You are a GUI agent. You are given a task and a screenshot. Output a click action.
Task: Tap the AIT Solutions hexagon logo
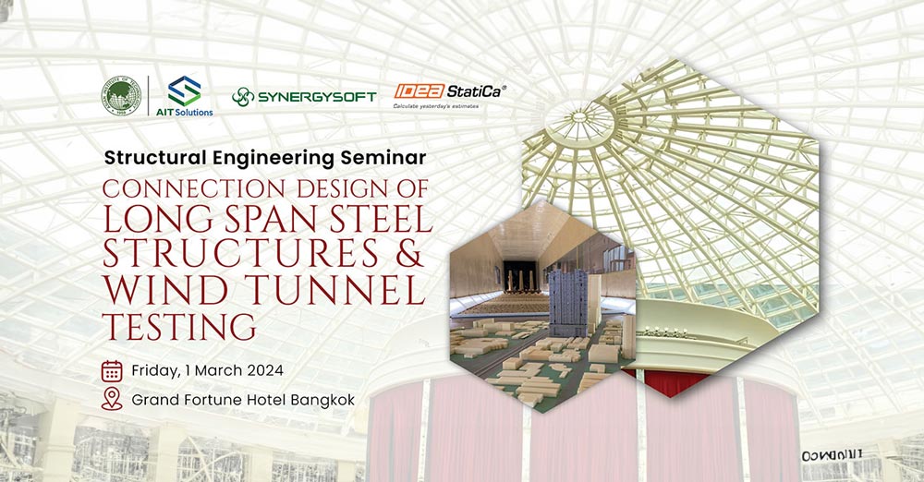point(185,90)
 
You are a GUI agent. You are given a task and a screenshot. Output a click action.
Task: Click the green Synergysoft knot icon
point(243,96)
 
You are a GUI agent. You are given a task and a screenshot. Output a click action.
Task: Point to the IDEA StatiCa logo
point(450,90)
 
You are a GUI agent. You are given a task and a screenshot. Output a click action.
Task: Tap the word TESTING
point(179,325)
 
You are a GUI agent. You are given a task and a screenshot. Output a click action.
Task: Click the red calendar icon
point(112,370)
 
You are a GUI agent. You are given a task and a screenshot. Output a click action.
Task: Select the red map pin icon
point(112,399)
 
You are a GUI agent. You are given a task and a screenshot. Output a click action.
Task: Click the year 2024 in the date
point(261,370)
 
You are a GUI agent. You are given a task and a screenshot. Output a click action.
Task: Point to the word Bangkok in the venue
point(320,401)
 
